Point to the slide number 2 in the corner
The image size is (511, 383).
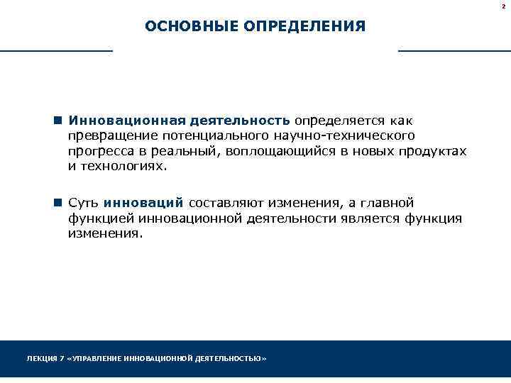[503, 5]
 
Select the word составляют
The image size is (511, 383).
[223, 204]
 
